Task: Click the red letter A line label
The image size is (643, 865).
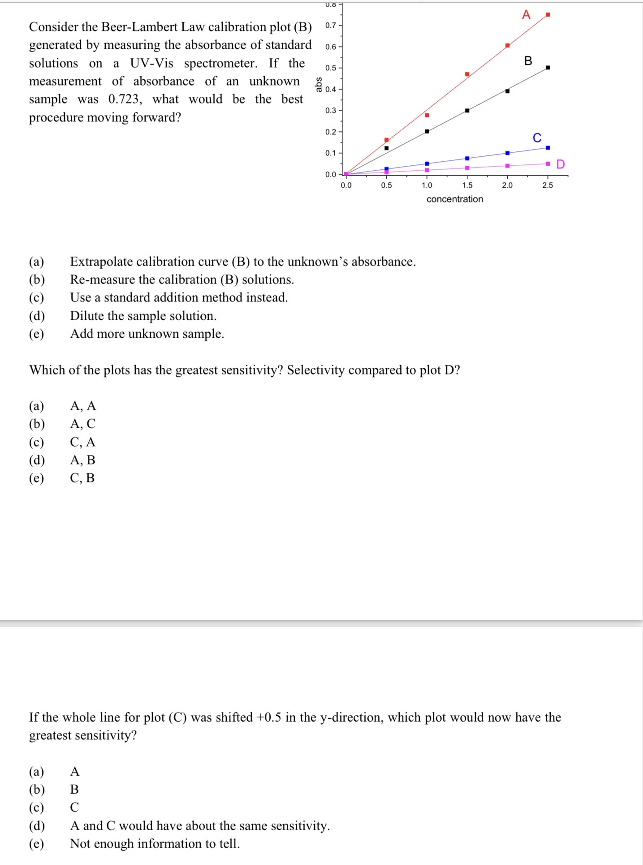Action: click(x=526, y=15)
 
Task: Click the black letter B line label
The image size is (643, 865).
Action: click(x=528, y=61)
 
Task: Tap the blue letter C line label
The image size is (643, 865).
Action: click(x=537, y=138)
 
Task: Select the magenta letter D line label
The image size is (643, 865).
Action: click(x=560, y=164)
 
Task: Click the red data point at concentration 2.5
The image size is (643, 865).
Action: click(x=548, y=15)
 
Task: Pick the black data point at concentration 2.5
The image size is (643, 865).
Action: click(x=548, y=68)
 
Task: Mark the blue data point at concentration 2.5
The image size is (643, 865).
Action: click(x=548, y=148)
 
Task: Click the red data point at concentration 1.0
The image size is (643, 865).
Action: click(x=427, y=115)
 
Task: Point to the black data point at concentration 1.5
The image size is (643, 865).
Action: click(x=467, y=110)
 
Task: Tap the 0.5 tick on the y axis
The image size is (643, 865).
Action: click(x=331, y=68)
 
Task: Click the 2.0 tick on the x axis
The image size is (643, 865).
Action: click(x=507, y=185)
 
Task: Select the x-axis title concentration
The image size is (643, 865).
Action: click(x=454, y=199)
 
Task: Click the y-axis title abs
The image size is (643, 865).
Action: click(x=319, y=84)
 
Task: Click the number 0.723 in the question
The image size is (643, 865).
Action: click(x=125, y=99)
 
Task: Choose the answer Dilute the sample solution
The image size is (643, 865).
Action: click(x=143, y=316)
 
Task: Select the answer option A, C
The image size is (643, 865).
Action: click(x=82, y=424)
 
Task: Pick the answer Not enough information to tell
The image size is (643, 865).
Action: click(x=155, y=844)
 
